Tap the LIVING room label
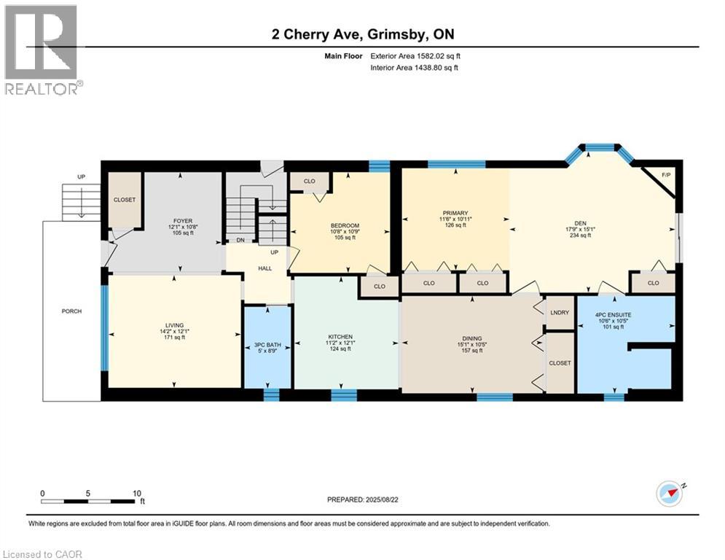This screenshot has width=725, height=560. point(174,325)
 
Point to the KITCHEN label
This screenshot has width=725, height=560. point(340,337)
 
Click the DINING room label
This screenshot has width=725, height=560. point(472,338)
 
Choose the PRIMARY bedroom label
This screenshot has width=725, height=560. point(455,213)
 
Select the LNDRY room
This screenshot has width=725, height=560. point(560,312)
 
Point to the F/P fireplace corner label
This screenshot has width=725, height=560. point(665,175)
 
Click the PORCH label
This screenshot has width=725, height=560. point(71,311)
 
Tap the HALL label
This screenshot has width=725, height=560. point(264,268)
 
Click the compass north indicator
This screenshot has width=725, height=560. point(670,494)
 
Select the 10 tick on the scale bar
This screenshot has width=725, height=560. point(137,493)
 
